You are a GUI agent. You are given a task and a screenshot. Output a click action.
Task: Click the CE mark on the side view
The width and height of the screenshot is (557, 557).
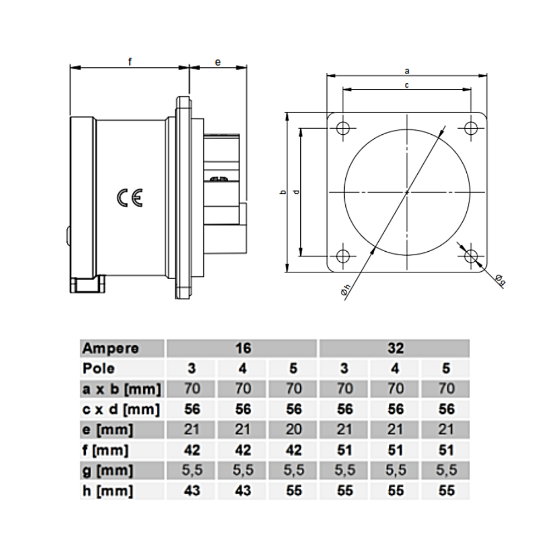click(x=130, y=198)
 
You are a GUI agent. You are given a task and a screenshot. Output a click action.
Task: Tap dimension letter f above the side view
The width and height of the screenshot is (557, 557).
click(x=130, y=62)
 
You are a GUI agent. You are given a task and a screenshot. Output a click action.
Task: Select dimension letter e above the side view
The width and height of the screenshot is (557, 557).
click(x=218, y=62)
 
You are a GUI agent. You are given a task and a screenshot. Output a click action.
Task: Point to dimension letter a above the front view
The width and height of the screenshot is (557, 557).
click(x=407, y=71)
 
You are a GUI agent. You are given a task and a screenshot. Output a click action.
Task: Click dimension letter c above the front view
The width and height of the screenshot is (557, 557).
click(x=407, y=85)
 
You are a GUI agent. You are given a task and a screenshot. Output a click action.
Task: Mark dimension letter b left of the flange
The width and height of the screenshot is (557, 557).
click(x=283, y=192)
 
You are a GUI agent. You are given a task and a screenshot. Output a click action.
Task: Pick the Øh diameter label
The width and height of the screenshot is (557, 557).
click(x=346, y=289)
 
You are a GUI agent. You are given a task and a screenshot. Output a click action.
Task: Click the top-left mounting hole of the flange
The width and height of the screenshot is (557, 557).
click(x=343, y=128)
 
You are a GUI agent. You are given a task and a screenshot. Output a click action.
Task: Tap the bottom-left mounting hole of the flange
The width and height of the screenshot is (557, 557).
click(x=343, y=256)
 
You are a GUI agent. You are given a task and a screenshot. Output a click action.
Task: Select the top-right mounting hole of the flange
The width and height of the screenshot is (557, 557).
click(x=471, y=128)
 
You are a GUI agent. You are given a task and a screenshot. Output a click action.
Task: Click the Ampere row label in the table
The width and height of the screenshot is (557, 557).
click(x=111, y=349)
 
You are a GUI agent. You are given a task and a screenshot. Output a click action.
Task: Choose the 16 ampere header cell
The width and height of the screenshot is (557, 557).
click(x=243, y=349)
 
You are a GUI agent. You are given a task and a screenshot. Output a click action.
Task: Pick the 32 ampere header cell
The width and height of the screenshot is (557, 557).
click(x=395, y=349)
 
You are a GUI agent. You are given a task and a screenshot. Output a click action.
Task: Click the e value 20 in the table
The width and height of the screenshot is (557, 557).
click(x=294, y=429)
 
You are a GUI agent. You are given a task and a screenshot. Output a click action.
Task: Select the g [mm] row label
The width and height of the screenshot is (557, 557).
click(x=108, y=471)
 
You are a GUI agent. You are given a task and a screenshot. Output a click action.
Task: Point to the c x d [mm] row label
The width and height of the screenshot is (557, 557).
click(x=121, y=409)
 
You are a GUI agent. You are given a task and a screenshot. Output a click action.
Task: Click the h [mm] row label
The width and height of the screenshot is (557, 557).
click(x=108, y=491)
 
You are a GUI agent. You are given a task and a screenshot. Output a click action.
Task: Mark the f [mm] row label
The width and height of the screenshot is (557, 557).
click(x=106, y=450)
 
